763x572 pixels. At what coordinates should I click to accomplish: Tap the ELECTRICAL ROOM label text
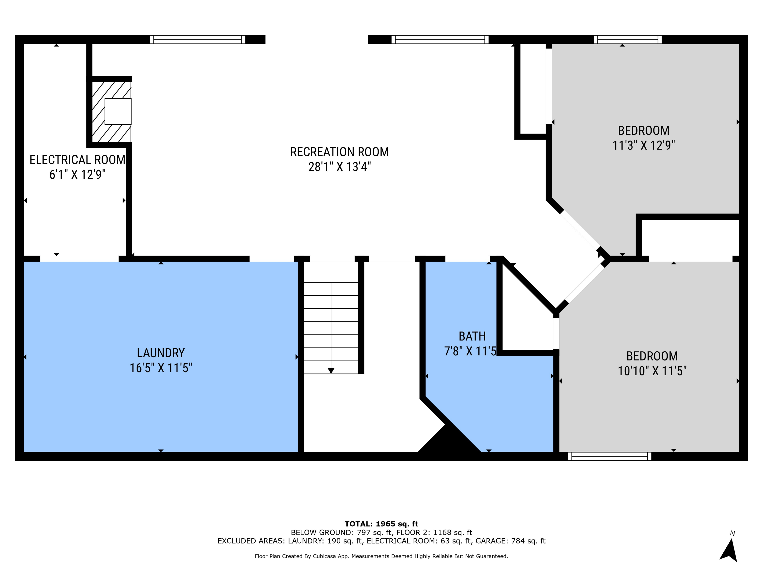coord(77,160)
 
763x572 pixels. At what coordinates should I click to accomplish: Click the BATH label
coord(472,336)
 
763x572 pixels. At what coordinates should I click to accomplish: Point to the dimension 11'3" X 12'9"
coord(643,145)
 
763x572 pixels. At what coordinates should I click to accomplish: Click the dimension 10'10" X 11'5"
coord(652,371)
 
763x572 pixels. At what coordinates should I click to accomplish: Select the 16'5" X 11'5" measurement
coord(161,368)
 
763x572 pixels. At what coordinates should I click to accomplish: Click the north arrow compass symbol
coord(729,550)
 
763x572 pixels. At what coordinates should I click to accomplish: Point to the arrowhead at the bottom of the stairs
coord(331,371)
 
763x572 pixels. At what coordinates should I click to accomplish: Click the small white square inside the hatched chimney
coord(118,111)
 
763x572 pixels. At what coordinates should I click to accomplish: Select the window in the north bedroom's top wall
coord(627,39)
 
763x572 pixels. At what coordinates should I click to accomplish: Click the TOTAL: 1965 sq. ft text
coord(381,524)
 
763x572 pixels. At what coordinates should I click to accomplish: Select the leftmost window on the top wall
coord(197,39)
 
